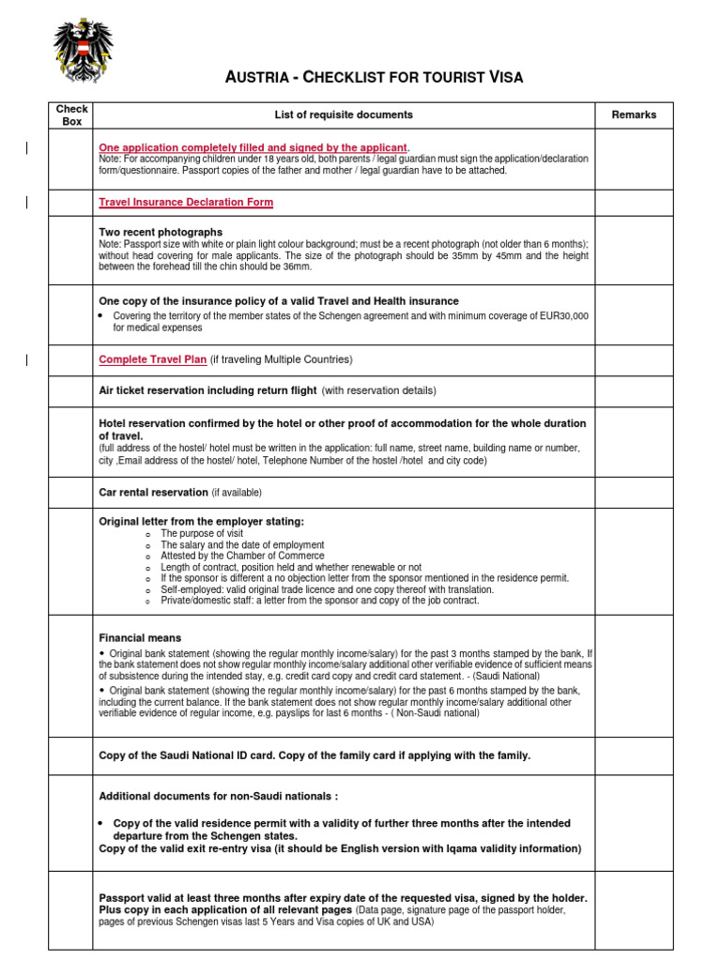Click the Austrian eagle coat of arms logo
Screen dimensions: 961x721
(x=83, y=51)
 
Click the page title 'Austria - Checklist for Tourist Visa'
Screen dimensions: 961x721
(x=374, y=77)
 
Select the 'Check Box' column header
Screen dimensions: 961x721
(x=71, y=115)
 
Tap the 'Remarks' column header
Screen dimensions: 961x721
(x=634, y=115)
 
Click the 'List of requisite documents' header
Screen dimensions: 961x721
(x=343, y=115)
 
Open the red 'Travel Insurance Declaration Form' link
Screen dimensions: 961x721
(x=186, y=203)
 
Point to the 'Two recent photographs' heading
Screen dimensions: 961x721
(x=161, y=232)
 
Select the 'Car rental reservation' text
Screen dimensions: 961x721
(x=153, y=493)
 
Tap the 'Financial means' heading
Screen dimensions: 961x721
(x=140, y=638)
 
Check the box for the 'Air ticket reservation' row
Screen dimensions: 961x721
(x=71, y=391)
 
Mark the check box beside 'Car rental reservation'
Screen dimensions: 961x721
(x=71, y=493)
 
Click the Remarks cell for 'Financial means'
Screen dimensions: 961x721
(x=634, y=676)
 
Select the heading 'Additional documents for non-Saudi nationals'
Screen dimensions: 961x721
(x=218, y=796)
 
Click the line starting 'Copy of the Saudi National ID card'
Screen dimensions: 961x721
(x=314, y=755)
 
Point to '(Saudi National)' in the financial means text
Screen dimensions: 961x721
(x=506, y=676)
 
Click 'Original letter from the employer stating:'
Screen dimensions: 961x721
(x=201, y=521)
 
